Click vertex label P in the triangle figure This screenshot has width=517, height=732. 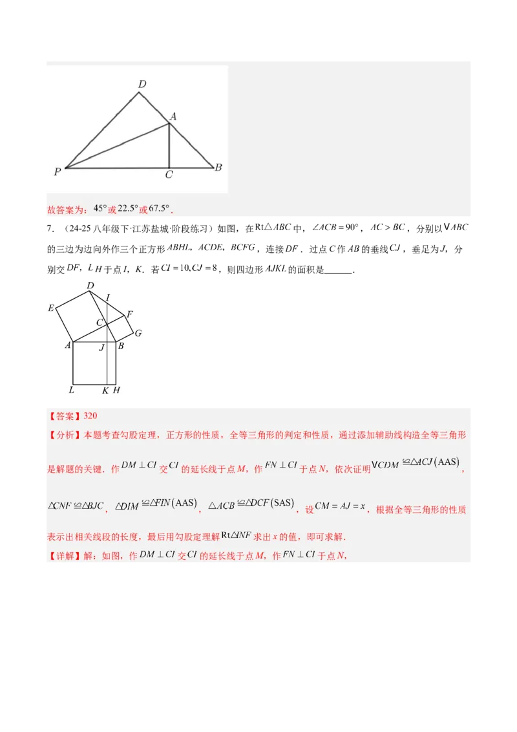click(x=58, y=172)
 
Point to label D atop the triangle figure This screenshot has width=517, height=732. click(x=142, y=84)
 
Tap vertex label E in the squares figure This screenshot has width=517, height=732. click(x=51, y=308)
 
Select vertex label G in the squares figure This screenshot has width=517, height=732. click(x=138, y=333)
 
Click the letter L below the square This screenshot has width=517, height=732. click(x=71, y=390)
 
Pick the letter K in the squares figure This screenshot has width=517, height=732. click(x=105, y=390)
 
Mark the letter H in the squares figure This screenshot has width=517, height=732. click(x=116, y=390)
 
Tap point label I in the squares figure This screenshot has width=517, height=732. click(x=107, y=297)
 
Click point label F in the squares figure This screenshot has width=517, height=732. click(x=129, y=315)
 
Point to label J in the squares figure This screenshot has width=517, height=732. click(x=101, y=348)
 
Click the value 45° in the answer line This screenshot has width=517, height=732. click(x=100, y=209)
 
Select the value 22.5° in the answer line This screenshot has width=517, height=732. click(x=127, y=209)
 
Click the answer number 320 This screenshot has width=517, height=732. click(x=90, y=416)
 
